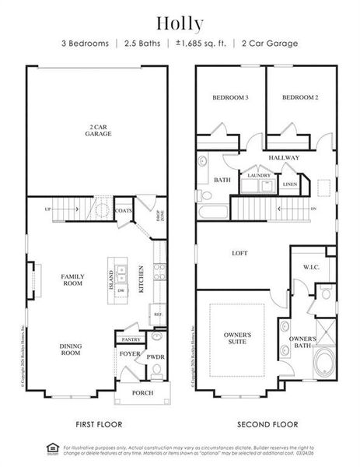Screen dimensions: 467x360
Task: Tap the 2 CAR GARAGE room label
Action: click(x=99, y=130)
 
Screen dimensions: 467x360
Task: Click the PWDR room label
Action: click(x=156, y=358)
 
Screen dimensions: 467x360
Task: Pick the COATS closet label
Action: click(x=123, y=211)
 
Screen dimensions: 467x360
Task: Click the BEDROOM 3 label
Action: click(x=230, y=98)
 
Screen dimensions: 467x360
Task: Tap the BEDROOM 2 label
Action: click(x=300, y=98)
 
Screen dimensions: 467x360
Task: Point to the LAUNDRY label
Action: click(x=258, y=175)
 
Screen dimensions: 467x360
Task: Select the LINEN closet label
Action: click(x=289, y=184)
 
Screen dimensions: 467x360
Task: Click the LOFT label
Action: click(x=240, y=253)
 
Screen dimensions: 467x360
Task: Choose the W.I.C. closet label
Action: click(x=312, y=267)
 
